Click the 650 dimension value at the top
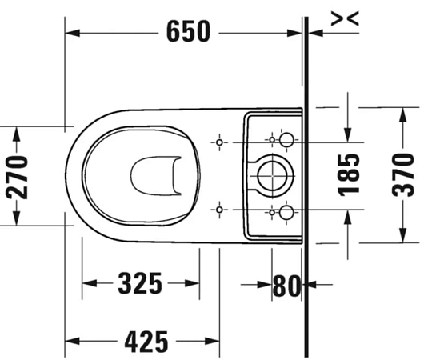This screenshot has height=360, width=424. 188,31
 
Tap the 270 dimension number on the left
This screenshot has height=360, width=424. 17,177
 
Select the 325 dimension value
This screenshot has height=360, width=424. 140,283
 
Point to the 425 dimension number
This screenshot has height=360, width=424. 146,342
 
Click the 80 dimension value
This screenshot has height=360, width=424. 286,284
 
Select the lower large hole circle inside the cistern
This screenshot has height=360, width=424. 288,212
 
